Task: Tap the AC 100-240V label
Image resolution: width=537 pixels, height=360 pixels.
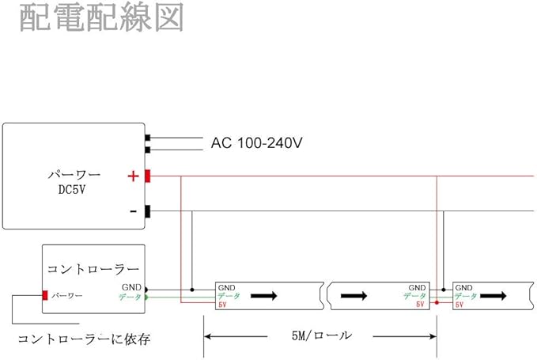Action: [x=257, y=143]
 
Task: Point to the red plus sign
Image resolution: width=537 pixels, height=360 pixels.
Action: [x=132, y=176]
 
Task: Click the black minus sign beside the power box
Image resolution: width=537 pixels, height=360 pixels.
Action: [x=132, y=211]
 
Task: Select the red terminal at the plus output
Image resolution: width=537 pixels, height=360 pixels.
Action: [x=148, y=176]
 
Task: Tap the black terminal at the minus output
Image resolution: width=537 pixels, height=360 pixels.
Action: [x=148, y=211]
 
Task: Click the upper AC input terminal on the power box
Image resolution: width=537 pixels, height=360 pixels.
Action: [x=148, y=138]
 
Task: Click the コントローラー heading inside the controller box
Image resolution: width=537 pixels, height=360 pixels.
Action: [x=93, y=269]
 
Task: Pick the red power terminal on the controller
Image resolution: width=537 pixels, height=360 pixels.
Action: [x=44, y=296]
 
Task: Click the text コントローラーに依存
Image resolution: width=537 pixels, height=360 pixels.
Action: [x=84, y=339]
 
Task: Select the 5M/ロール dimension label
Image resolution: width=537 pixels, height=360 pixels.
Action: [x=320, y=335]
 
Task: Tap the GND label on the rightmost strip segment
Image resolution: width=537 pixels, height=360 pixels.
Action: [x=464, y=288]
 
